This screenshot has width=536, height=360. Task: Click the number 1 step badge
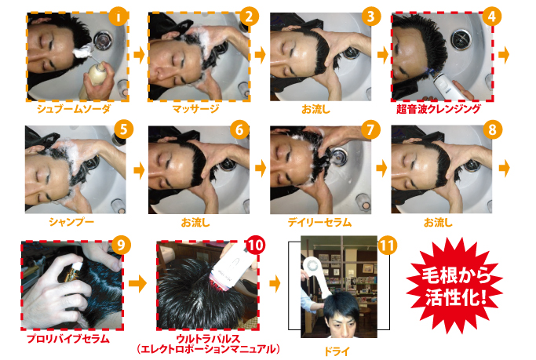point(119,16)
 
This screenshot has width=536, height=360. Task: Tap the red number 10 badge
point(254,245)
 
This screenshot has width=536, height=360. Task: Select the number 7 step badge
point(370,129)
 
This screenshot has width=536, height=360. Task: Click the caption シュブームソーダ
point(74,109)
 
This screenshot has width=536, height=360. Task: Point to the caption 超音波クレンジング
point(439,109)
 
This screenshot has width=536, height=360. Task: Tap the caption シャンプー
point(71,222)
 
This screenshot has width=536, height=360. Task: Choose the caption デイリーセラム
point(319,223)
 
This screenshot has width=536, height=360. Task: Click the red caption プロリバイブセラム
point(68,339)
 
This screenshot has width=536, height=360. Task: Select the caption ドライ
point(337,351)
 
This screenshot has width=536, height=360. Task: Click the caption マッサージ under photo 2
point(195,109)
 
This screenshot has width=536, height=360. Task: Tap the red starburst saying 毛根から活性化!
point(454,285)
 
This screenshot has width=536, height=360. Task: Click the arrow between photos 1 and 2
point(139,55)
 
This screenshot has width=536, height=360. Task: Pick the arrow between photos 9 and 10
point(137,283)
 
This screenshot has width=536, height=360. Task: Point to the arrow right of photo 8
point(504,168)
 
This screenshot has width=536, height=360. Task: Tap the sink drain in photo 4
point(461,39)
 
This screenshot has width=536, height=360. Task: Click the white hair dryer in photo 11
point(317,276)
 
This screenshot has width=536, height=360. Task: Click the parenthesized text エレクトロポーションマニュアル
point(209,349)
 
